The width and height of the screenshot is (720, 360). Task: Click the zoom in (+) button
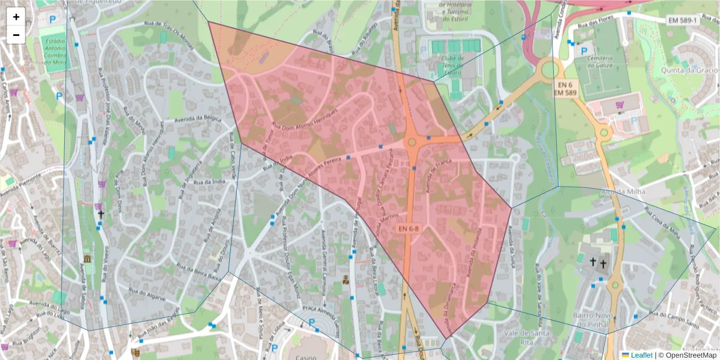coord(16,17)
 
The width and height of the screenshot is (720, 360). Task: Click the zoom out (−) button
coord(16,35)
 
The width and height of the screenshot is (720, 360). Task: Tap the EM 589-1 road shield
coord(683,20)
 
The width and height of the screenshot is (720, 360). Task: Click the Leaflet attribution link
coord(641,355)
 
